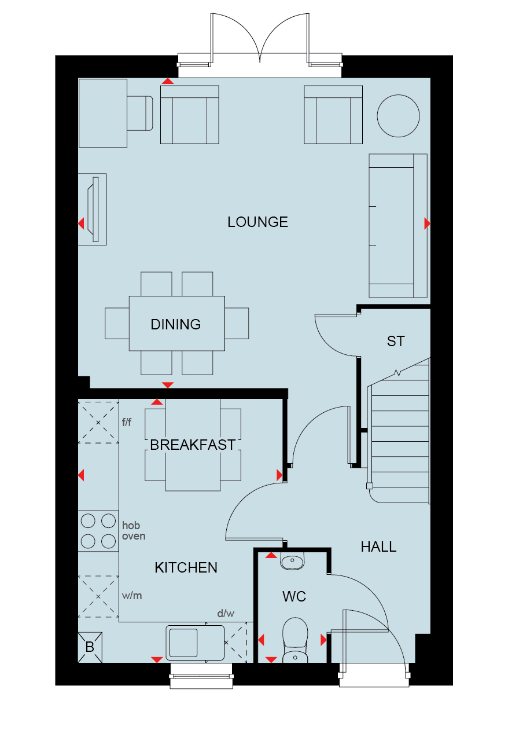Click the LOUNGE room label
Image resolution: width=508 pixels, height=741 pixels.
pyautogui.click(x=257, y=222)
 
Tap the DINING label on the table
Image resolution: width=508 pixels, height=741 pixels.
pyautogui.click(x=176, y=325)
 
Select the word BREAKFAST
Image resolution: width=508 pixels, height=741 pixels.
pyautogui.click(x=193, y=445)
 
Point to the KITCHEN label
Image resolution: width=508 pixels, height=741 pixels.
pyautogui.click(x=186, y=568)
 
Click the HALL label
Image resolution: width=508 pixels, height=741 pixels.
pyautogui.click(x=378, y=547)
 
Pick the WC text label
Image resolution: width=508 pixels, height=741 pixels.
pyautogui.click(x=295, y=596)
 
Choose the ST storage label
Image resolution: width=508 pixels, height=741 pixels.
pyautogui.click(x=396, y=342)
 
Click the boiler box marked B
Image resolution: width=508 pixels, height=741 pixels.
pyautogui.click(x=90, y=647)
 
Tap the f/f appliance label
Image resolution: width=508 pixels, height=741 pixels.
pyautogui.click(x=127, y=422)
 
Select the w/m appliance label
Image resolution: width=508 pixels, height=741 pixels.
pyautogui.click(x=132, y=596)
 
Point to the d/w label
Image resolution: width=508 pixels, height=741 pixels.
pyautogui.click(x=226, y=614)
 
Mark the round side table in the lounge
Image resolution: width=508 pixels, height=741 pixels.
pyautogui.click(x=399, y=116)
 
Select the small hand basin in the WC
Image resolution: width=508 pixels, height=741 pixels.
pyautogui.click(x=292, y=561)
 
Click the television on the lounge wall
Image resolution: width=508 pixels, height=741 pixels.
pyautogui.click(x=93, y=210)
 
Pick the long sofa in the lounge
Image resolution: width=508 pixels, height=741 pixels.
pyautogui.click(x=398, y=226)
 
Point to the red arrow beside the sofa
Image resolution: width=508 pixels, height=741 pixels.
pyautogui.click(x=428, y=223)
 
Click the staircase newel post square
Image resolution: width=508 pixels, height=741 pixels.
pyautogui.click(x=369, y=486)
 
